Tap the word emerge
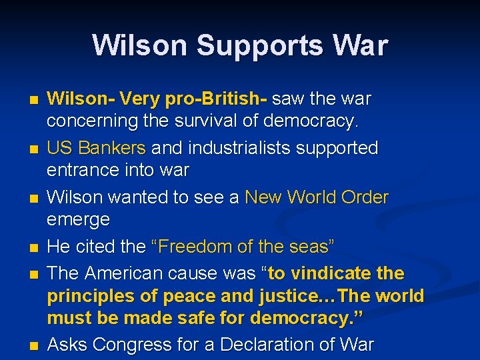(78, 220)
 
